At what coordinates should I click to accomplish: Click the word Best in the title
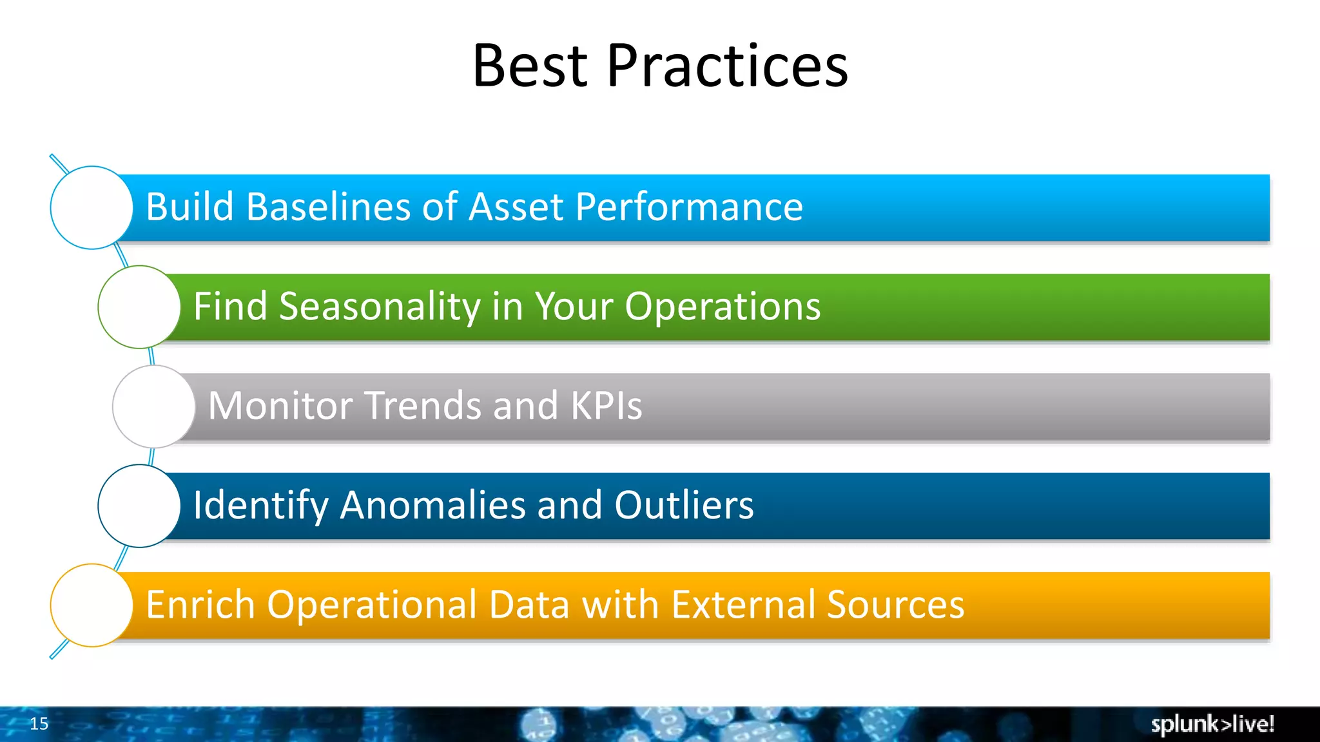(x=530, y=66)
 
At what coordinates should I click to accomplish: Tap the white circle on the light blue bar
(x=92, y=207)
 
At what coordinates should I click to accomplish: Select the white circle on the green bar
(x=139, y=307)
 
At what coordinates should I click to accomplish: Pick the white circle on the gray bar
(x=154, y=406)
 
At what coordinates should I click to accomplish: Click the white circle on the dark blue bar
(x=139, y=506)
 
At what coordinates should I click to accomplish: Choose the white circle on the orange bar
(x=92, y=605)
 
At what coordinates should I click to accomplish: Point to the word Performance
(x=688, y=207)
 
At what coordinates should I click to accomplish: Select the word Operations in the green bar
(x=723, y=307)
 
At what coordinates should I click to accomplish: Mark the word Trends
(x=423, y=406)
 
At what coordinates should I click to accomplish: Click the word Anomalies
(x=433, y=506)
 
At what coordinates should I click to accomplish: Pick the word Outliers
(x=684, y=506)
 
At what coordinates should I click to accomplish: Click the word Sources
(x=895, y=605)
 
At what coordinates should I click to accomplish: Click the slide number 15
(x=39, y=724)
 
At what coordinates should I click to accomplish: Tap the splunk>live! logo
(x=1212, y=724)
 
